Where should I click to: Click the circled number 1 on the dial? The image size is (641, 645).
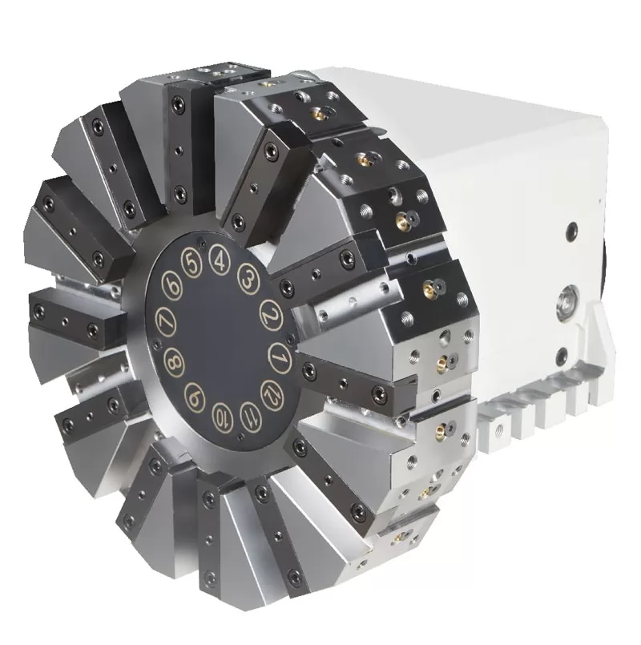pos(280,353)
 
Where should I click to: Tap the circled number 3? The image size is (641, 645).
pos(248,280)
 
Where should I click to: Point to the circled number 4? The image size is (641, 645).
pos(217,259)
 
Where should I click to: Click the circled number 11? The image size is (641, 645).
pos(249,413)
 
